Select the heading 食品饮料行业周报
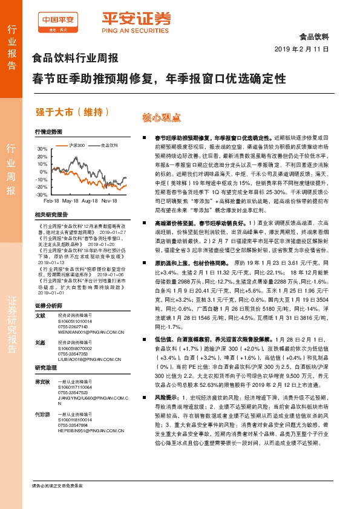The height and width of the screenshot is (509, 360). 75,60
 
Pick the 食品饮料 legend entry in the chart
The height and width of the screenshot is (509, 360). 109,145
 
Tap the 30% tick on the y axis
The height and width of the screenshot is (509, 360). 41,149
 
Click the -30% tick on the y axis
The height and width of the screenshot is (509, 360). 40,195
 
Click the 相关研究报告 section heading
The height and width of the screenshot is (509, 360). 51,215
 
